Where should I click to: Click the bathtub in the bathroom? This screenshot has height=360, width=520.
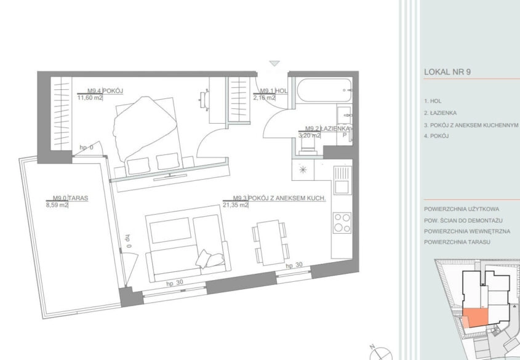[x=324, y=90]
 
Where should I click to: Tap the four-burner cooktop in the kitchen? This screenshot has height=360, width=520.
[x=342, y=223]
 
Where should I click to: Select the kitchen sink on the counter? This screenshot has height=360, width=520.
[x=342, y=180]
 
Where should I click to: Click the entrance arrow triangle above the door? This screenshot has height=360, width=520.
[x=274, y=63]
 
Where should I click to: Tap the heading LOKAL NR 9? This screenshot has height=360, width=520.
[x=447, y=72]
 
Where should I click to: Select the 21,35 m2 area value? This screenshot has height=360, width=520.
[x=236, y=205]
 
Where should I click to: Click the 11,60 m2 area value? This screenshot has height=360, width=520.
[x=90, y=98]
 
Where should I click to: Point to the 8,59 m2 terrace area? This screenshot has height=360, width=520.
[x=57, y=205]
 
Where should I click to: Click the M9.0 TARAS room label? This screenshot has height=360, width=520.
[x=70, y=198]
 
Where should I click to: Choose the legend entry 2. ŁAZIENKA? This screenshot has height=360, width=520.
[x=440, y=113]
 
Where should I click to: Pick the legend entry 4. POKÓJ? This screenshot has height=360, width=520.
[x=436, y=136]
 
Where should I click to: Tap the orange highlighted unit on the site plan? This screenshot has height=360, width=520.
[x=475, y=316]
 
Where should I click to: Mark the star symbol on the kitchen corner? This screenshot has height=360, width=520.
[x=303, y=170]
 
